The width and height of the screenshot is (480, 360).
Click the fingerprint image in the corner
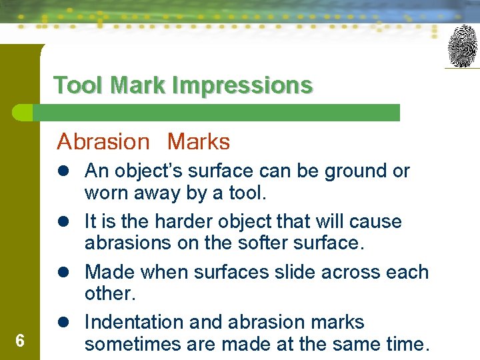click(462, 46)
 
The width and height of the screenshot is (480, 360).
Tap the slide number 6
click(20, 341)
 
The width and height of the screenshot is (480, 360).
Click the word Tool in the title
click(78, 85)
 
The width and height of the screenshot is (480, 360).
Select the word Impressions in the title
click(243, 86)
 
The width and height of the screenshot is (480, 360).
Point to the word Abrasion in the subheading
click(103, 141)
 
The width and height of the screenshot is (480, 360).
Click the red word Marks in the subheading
click(199, 141)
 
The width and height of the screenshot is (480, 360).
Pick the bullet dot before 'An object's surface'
click(63, 171)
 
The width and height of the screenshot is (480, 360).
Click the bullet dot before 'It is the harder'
click(63, 221)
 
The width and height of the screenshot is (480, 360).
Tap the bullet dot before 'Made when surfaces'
click(63, 272)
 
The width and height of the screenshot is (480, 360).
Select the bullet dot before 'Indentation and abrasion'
click(63, 322)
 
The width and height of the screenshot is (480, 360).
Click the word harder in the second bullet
click(183, 221)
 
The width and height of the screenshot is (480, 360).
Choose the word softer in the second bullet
click(263, 243)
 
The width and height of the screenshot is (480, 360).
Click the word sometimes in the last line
click(133, 344)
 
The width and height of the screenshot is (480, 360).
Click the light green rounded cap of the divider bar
click(22, 113)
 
